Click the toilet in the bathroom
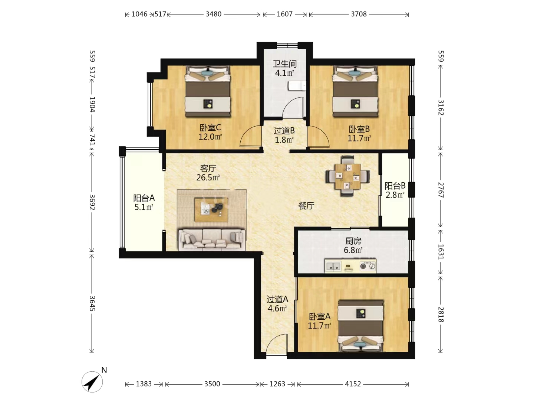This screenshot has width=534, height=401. [297, 86]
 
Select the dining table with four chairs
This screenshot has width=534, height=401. [347, 176]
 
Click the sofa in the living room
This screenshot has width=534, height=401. [211, 239]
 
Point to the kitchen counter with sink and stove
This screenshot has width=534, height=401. [350, 265]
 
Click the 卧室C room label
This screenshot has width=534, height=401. [210, 128]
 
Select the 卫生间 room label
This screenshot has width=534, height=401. [285, 64]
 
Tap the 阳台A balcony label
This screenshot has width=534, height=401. [144, 198]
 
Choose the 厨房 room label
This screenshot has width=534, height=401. [353, 241]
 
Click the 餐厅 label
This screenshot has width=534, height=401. [306, 206]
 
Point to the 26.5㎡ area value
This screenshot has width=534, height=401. [208, 177]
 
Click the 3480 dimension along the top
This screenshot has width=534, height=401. [213, 14]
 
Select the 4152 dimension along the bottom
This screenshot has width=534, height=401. [353, 384]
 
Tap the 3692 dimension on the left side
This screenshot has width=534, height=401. [92, 202]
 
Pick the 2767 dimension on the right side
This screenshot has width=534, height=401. [441, 190]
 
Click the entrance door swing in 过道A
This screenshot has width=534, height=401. [277, 344]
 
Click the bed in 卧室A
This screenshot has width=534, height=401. [360, 326]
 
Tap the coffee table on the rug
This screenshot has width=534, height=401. [211, 210]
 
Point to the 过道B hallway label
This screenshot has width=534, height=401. [284, 131]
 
